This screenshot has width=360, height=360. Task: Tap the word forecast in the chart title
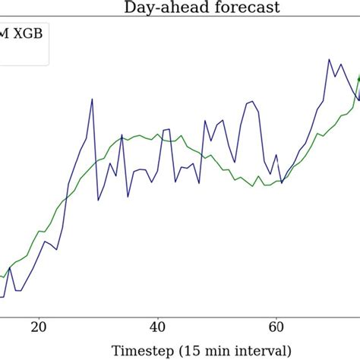227,8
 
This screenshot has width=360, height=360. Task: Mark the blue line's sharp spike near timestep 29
92,99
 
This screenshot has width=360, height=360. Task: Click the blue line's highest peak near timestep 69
330,58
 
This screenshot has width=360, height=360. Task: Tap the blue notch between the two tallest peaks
336,77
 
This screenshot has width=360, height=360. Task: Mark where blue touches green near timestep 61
282,182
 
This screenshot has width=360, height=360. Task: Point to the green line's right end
359,77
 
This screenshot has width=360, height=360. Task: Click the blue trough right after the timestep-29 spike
98,200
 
